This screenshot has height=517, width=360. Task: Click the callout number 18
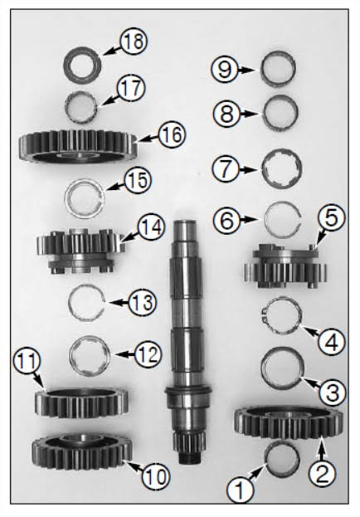tap(134, 41)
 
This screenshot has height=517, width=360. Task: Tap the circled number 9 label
tap(225, 70)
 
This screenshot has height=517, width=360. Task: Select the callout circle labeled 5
tap(331, 218)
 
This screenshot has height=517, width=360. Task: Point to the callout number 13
tap(142, 302)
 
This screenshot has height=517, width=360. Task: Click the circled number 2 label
tap(322, 473)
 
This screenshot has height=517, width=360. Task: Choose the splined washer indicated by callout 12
tap(73, 356)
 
